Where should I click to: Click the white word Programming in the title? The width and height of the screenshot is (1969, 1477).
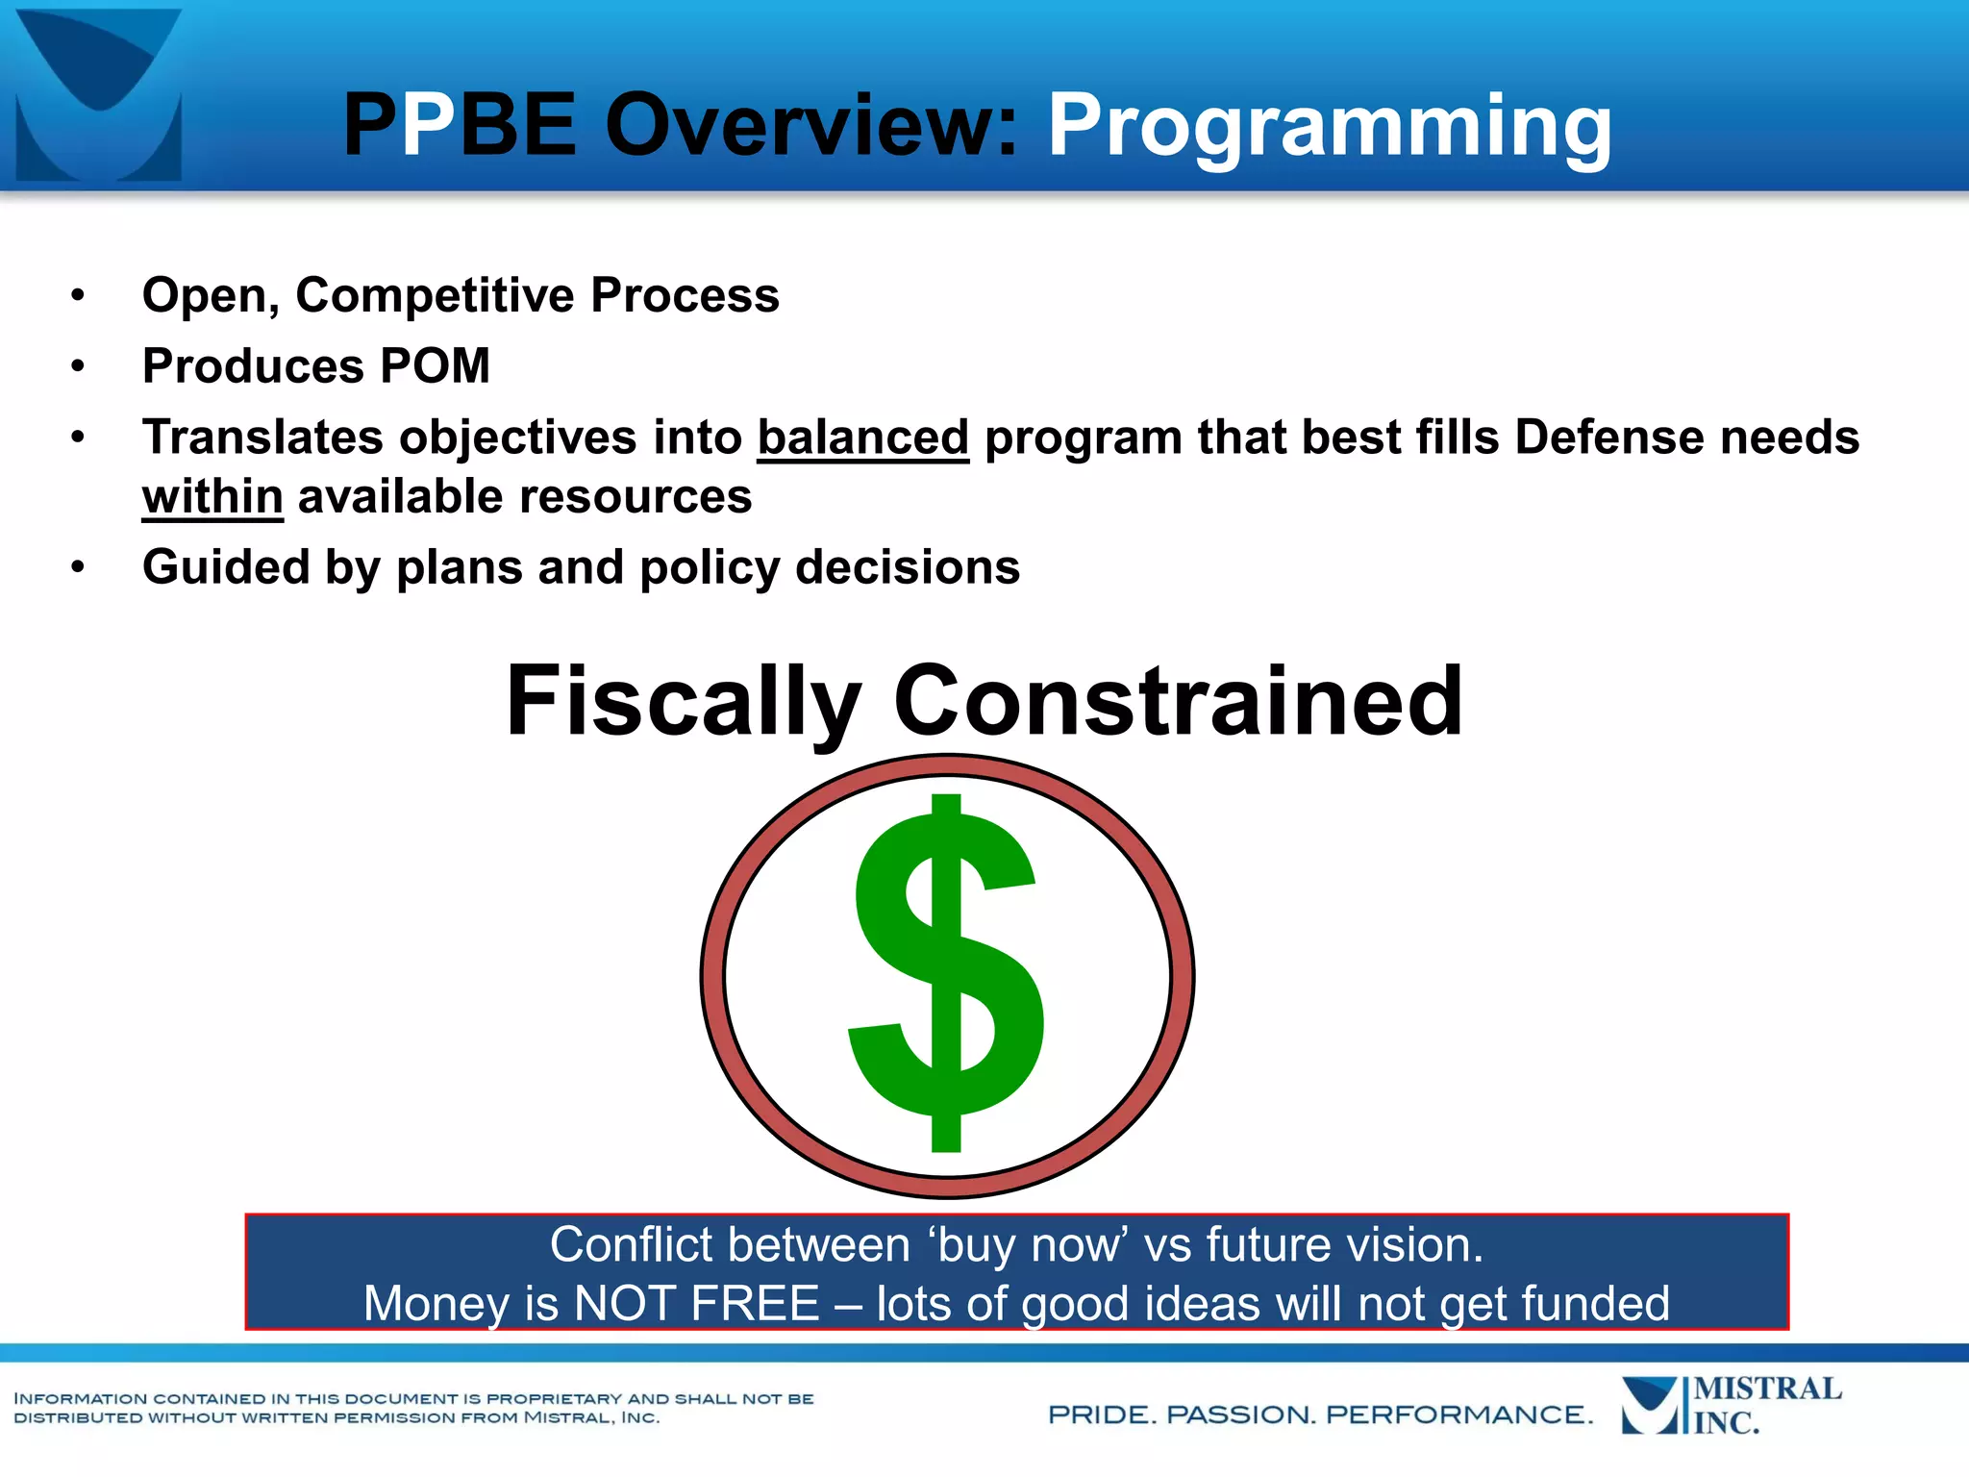(1330, 126)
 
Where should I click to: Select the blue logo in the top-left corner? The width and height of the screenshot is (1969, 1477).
(98, 94)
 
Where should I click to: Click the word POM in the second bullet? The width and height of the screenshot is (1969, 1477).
(435, 366)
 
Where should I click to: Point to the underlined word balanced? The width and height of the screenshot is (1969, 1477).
(862, 438)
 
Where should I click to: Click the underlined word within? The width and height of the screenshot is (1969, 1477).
(212, 497)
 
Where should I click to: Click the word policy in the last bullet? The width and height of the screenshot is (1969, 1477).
(710, 567)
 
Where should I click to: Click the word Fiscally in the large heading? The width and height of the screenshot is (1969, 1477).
(683, 702)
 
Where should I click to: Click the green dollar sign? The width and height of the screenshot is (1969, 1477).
(946, 973)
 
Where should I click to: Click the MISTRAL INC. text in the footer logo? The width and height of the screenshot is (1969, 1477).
(1765, 1406)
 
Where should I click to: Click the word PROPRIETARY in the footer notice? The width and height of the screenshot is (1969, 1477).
(554, 1399)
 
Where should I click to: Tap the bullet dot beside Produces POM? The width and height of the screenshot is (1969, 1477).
(78, 366)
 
